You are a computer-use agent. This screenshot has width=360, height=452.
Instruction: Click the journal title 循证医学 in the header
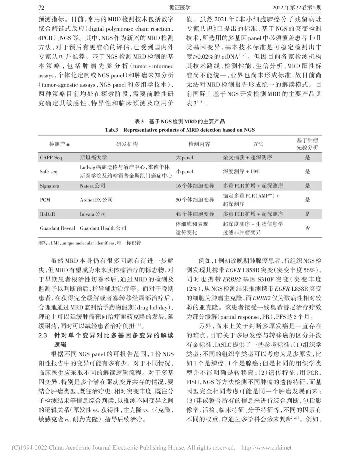point(180,8)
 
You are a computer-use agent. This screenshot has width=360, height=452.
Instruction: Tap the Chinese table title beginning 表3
point(180,122)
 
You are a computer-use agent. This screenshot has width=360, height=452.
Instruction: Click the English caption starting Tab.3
point(180,130)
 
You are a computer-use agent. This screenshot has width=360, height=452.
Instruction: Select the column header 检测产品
point(60,144)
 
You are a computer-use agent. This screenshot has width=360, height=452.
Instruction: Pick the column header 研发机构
point(127,144)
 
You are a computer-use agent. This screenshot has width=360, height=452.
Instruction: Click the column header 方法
point(258,144)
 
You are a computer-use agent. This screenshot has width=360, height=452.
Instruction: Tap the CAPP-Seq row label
point(51,158)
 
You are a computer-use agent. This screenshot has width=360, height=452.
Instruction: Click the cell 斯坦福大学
point(93,158)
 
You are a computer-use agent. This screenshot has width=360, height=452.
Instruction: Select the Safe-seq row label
point(49,172)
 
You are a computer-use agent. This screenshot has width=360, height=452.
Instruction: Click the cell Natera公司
point(92,186)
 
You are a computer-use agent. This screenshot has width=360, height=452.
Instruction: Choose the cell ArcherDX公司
point(96,200)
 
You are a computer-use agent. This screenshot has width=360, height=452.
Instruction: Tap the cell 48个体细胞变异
point(195,214)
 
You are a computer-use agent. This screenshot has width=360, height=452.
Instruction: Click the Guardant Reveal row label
point(57,228)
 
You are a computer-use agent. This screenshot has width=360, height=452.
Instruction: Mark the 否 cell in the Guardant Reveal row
point(307,228)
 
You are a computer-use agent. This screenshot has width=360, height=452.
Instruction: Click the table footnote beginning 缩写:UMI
point(89,243)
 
